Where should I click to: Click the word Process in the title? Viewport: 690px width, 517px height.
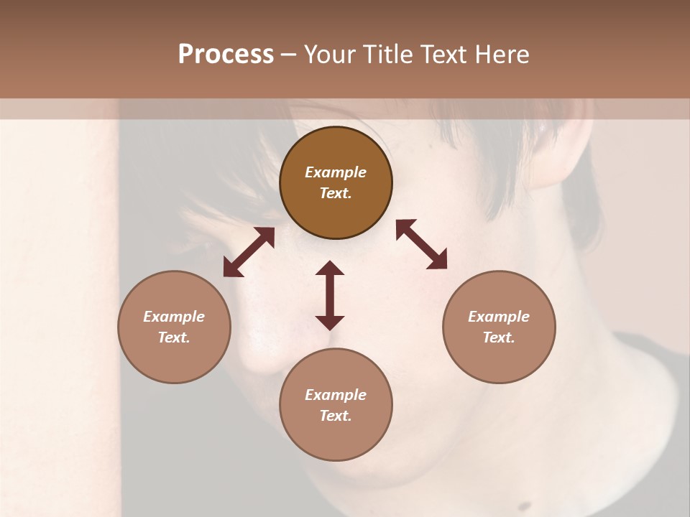pos(226,55)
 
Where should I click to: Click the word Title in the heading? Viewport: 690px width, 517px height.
pos(388,55)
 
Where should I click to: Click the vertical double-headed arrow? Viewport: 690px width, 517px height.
pos(330,295)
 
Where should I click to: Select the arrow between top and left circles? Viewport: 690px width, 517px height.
pos(249,252)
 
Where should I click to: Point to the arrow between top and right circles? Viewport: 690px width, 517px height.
pos(422,244)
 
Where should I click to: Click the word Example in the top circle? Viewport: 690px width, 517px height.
pos(336,172)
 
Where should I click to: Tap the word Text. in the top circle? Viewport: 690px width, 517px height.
pos(336,193)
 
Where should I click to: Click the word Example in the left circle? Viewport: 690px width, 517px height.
pos(174,317)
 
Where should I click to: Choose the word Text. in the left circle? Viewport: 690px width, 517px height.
pos(174,337)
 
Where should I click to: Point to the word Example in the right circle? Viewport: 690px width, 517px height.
pos(499,317)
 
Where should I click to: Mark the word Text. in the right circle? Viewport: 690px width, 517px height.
pos(499,337)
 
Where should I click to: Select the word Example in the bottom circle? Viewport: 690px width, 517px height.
pos(336,395)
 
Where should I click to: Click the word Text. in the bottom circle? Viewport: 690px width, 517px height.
pos(336,416)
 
